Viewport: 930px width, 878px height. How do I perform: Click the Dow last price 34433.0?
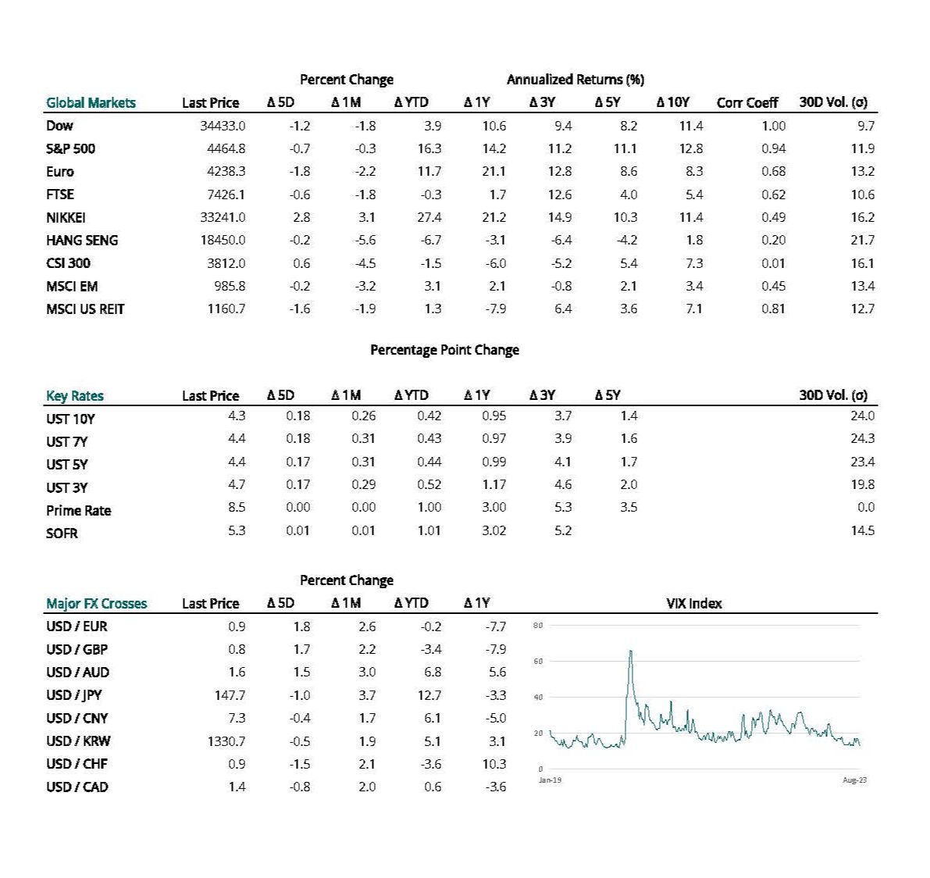pyautogui.click(x=223, y=126)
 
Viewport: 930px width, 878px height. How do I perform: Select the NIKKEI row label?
pyautogui.click(x=66, y=218)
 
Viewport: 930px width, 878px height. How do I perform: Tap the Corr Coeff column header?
pyautogui.click(x=747, y=102)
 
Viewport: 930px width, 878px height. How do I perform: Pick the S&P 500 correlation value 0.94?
pyautogui.click(x=773, y=148)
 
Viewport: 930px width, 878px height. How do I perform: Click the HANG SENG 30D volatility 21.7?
pyautogui.click(x=862, y=241)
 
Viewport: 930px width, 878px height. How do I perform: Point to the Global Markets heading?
pyautogui.click(x=91, y=102)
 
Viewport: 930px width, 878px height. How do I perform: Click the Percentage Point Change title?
pyautogui.click(x=444, y=350)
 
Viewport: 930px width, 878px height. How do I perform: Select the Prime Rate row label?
pyautogui.click(x=78, y=511)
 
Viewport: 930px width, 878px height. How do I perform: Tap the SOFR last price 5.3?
pyautogui.click(x=237, y=530)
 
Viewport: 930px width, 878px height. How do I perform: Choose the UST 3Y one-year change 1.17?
pyautogui.click(x=494, y=484)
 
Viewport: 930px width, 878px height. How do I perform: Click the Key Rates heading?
pyautogui.click(x=74, y=395)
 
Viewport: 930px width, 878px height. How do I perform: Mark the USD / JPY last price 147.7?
pyautogui.click(x=230, y=695)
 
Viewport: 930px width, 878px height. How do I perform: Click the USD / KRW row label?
pyautogui.click(x=77, y=741)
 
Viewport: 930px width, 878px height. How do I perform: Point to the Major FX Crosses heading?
pyautogui.click(x=96, y=603)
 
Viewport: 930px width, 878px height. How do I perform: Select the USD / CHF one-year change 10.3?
pyautogui.click(x=494, y=764)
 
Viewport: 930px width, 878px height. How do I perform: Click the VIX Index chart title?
pyautogui.click(x=693, y=603)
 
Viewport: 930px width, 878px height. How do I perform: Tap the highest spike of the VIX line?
pyautogui.click(x=630, y=651)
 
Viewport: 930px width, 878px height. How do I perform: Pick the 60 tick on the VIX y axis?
pyautogui.click(x=538, y=662)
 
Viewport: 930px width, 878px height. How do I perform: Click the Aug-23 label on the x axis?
pyautogui.click(x=854, y=780)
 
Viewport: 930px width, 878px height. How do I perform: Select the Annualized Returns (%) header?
pyautogui.click(x=575, y=80)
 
